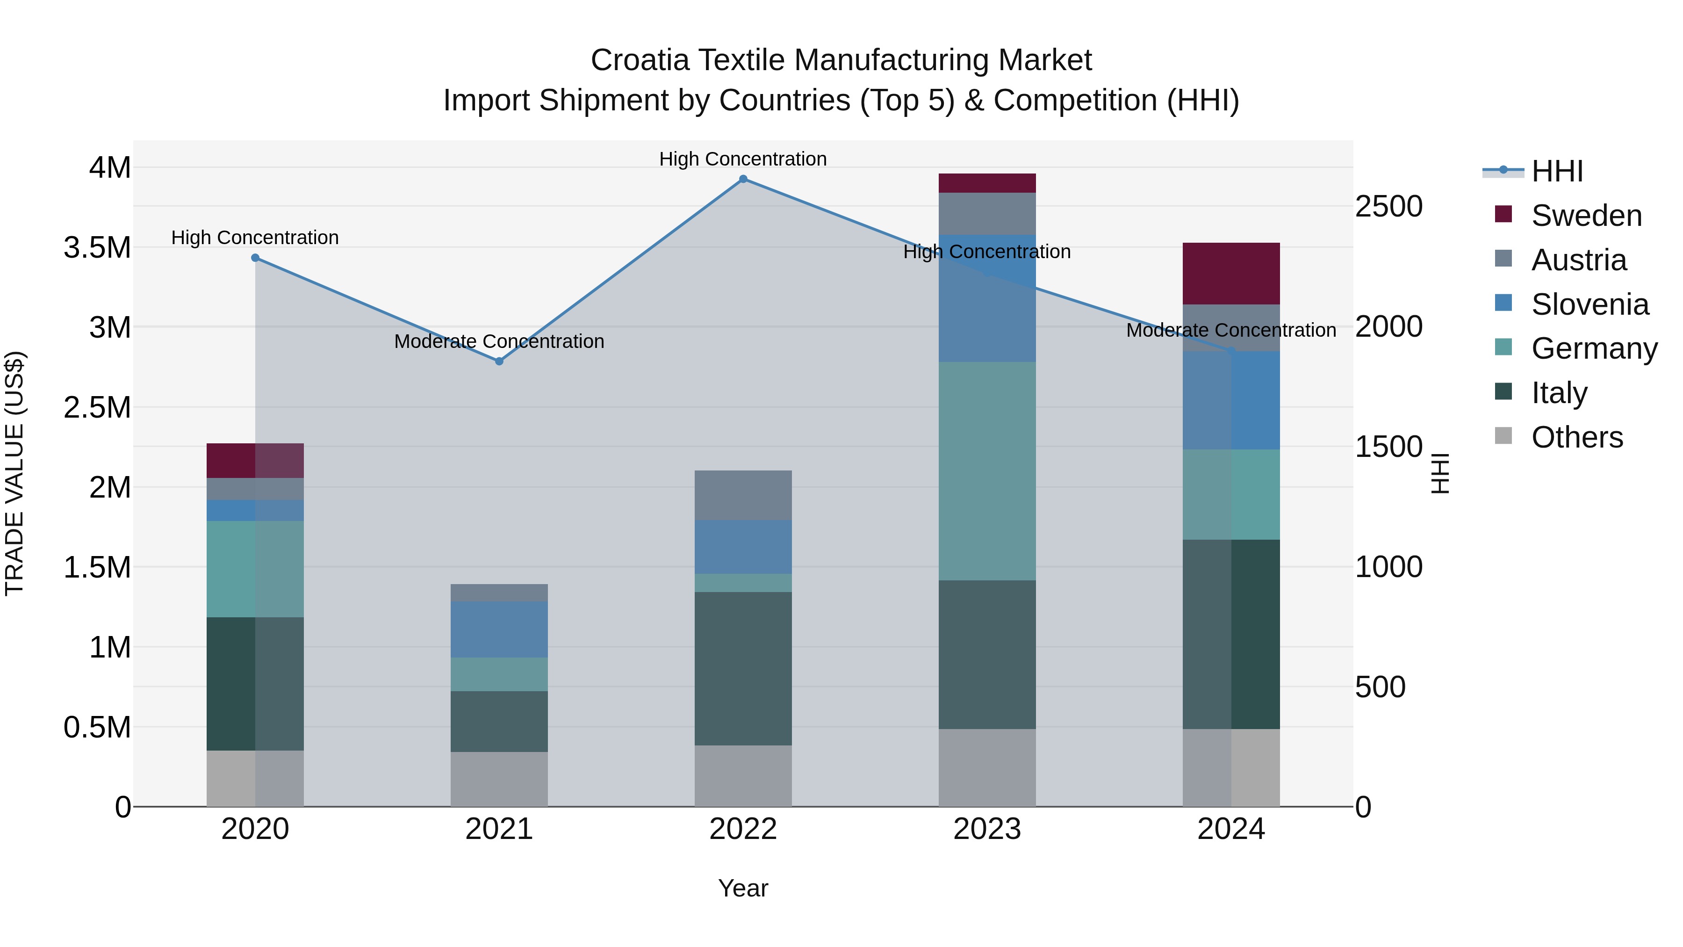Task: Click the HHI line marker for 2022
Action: pos(743,179)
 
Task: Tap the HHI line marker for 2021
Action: pos(499,361)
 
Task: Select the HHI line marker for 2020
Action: pos(255,258)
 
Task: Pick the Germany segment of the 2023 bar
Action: pos(987,470)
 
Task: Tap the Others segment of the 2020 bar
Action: pos(255,778)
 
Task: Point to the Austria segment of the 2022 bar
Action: pos(743,495)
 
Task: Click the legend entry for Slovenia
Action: pos(1589,304)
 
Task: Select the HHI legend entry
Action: pos(1556,171)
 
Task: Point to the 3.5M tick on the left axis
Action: pos(97,248)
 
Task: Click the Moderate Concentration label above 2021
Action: pos(499,341)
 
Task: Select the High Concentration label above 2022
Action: pos(743,159)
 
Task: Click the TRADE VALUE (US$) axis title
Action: pos(14,473)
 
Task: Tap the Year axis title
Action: pos(743,888)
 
